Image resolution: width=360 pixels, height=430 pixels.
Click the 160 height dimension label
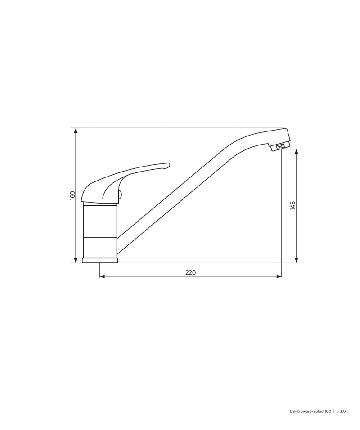click(72, 195)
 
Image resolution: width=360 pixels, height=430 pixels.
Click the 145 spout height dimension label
click(293, 205)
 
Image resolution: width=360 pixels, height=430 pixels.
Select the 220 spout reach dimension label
click(191, 272)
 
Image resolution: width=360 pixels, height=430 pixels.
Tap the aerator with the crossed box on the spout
click(279, 147)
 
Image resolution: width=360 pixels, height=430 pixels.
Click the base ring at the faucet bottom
click(100, 260)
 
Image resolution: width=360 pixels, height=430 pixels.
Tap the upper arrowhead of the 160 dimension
click(76, 131)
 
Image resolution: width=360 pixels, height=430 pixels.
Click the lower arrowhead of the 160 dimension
click(76, 260)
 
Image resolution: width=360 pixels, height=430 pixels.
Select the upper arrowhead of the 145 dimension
click(296, 152)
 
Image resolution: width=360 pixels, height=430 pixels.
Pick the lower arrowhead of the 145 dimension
click(296, 260)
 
